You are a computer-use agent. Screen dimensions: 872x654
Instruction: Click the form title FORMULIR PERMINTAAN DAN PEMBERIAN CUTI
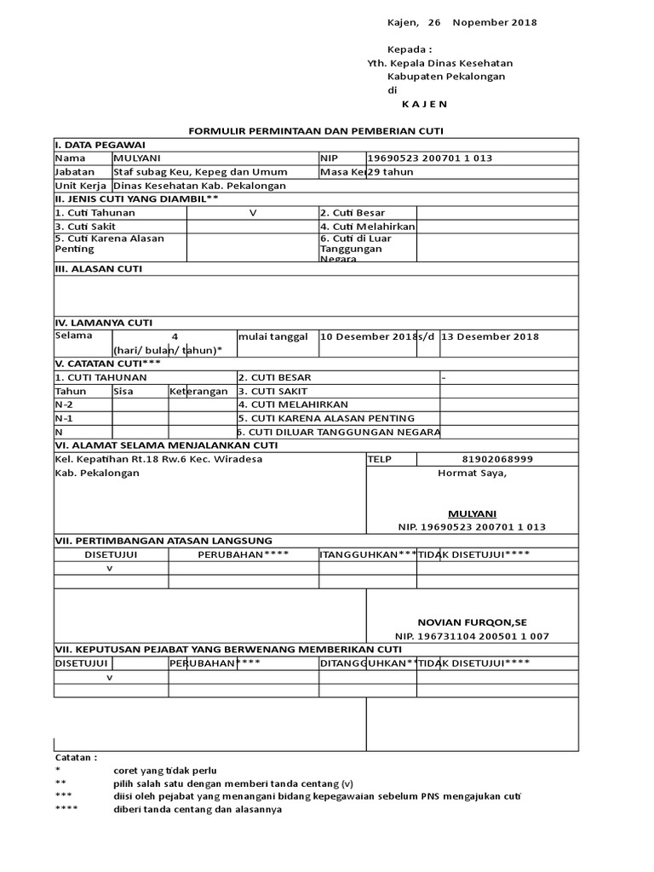pos(316,130)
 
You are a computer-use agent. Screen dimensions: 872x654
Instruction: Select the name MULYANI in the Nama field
pos(137,158)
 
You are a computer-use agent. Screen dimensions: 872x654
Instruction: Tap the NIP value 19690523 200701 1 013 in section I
pos(430,158)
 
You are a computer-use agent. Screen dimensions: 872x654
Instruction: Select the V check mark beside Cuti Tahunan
pos(252,213)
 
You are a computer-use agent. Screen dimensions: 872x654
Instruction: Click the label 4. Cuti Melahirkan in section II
pos(367,227)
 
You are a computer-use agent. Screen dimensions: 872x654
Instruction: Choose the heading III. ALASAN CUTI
pos(99,268)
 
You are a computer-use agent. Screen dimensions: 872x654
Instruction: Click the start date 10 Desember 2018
pos(367,336)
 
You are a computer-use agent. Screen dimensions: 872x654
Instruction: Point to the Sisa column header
pos(124,391)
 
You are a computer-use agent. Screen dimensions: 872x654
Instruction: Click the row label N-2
pos(64,404)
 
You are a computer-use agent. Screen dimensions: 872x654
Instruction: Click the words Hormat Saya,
pos(472,473)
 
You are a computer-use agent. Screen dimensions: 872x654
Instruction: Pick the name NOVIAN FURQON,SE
pos(472,622)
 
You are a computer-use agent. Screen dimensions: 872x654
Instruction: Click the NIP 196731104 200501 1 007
pos(472,636)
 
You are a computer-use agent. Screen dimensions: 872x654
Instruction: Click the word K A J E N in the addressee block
pos(423,103)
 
